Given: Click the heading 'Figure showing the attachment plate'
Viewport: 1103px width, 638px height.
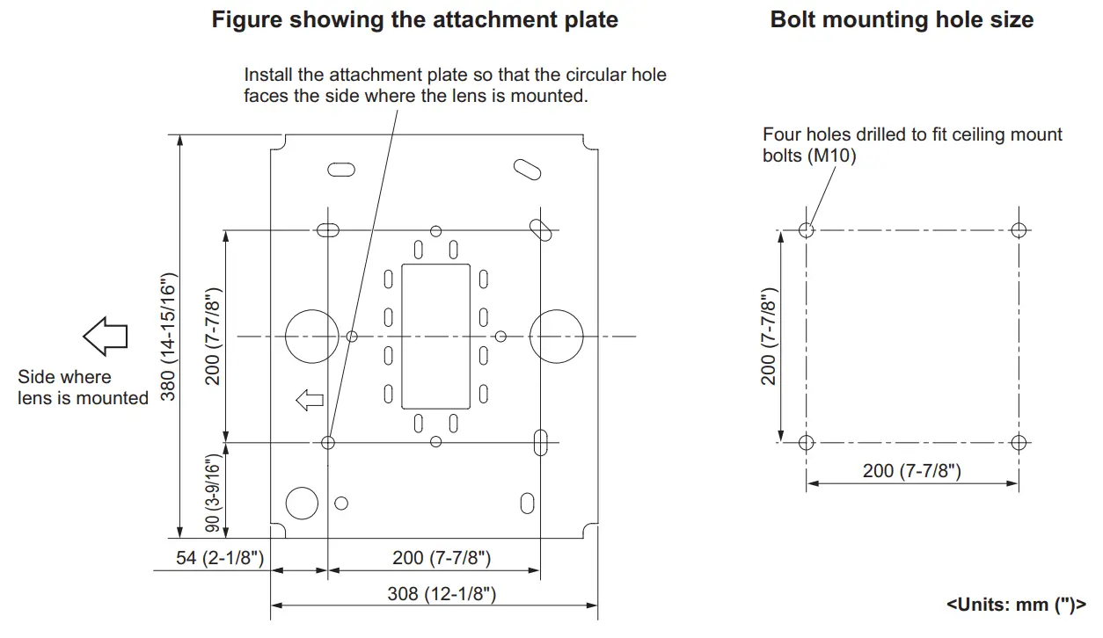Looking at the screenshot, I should [x=414, y=20].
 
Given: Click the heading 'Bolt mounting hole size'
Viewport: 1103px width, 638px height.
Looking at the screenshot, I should [x=902, y=20].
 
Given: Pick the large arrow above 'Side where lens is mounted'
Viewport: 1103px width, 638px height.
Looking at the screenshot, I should [x=106, y=337].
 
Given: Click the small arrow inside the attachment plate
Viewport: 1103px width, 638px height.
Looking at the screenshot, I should [x=310, y=402].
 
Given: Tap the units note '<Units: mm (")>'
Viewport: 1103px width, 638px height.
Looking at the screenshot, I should [x=1016, y=604].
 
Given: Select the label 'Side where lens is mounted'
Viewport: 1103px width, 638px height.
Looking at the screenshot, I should [x=83, y=388].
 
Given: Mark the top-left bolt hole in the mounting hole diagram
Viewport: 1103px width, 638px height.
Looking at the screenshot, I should [x=807, y=230].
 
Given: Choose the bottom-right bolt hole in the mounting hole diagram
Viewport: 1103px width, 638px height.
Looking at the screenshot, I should [x=1019, y=441].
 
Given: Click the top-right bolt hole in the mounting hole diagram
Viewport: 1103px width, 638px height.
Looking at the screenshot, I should [x=1019, y=230].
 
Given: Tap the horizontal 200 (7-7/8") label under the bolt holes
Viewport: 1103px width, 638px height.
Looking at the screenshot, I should [x=911, y=471].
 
